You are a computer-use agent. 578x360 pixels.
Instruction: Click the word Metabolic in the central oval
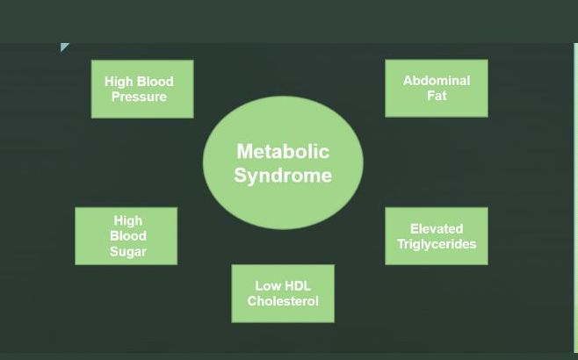pos(283,151)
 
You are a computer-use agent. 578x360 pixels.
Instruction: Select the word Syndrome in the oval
pos(283,176)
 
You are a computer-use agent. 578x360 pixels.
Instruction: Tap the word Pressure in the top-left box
pos(139,97)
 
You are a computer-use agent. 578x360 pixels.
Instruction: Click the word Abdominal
pos(437,81)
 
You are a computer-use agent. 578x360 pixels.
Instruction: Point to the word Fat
pos(437,96)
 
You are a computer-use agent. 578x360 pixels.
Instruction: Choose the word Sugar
pos(128,252)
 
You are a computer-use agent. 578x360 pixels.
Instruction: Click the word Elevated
pos(437,229)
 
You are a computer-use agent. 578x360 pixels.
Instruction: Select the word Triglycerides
pos(437,244)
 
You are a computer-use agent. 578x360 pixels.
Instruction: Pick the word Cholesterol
pos(283,301)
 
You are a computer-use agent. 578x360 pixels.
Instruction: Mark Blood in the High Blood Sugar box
pos(128,236)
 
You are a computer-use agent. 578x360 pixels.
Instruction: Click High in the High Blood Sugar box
pos(128,220)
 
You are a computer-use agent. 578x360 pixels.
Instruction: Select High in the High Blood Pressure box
pos(119,82)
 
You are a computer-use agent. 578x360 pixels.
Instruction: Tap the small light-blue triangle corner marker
pos(63,46)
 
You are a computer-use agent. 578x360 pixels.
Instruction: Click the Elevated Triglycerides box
pos(437,236)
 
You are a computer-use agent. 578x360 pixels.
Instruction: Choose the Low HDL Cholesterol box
pos(283,293)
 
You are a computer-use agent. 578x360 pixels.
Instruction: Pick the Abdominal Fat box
pos(437,89)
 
